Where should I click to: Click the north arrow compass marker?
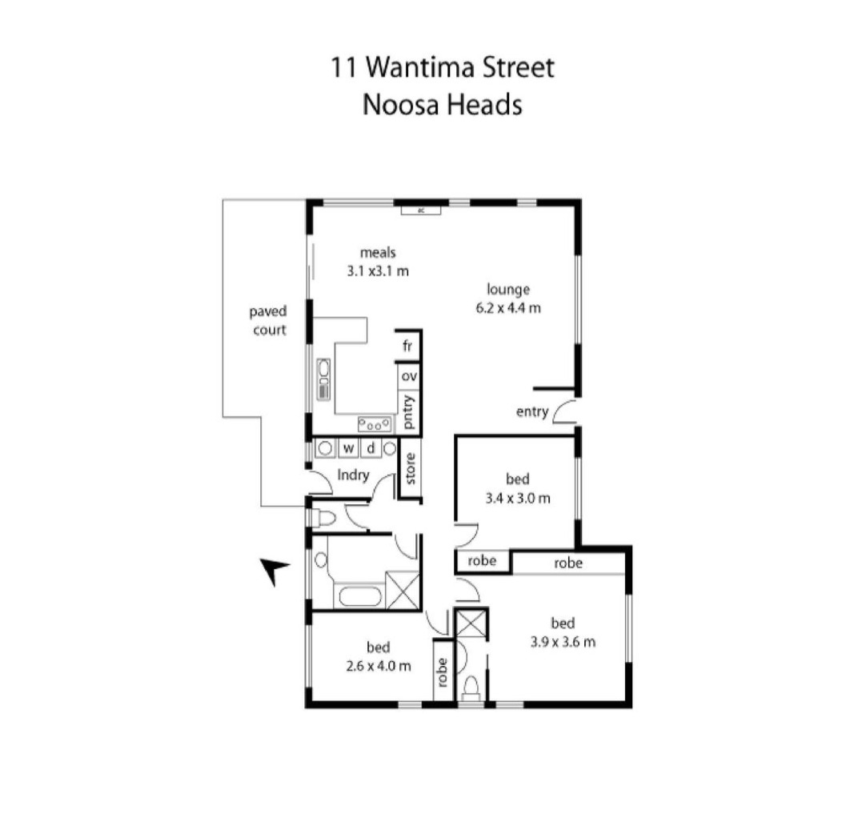click(273, 570)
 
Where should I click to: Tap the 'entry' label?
click(532, 412)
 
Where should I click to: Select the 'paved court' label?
click(268, 321)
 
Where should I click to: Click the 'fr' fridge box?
click(407, 346)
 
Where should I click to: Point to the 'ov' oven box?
click(409, 376)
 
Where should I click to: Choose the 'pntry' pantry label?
click(408, 412)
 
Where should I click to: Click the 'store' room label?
click(411, 468)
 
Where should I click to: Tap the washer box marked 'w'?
click(348, 448)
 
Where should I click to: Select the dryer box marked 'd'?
click(371, 448)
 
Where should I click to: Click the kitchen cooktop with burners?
click(375, 424)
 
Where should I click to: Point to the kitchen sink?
click(324, 379)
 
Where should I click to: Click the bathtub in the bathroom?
click(360, 596)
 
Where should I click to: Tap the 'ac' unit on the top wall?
click(420, 210)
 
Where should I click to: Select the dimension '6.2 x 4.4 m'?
click(508, 308)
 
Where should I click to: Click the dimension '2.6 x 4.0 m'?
click(379, 667)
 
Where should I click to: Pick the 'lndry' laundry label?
click(353, 475)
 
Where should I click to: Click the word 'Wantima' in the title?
click(420, 68)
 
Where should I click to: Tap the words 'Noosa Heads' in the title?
click(442, 105)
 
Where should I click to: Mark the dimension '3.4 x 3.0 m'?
click(517, 499)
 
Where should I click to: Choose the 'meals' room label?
click(378, 253)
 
